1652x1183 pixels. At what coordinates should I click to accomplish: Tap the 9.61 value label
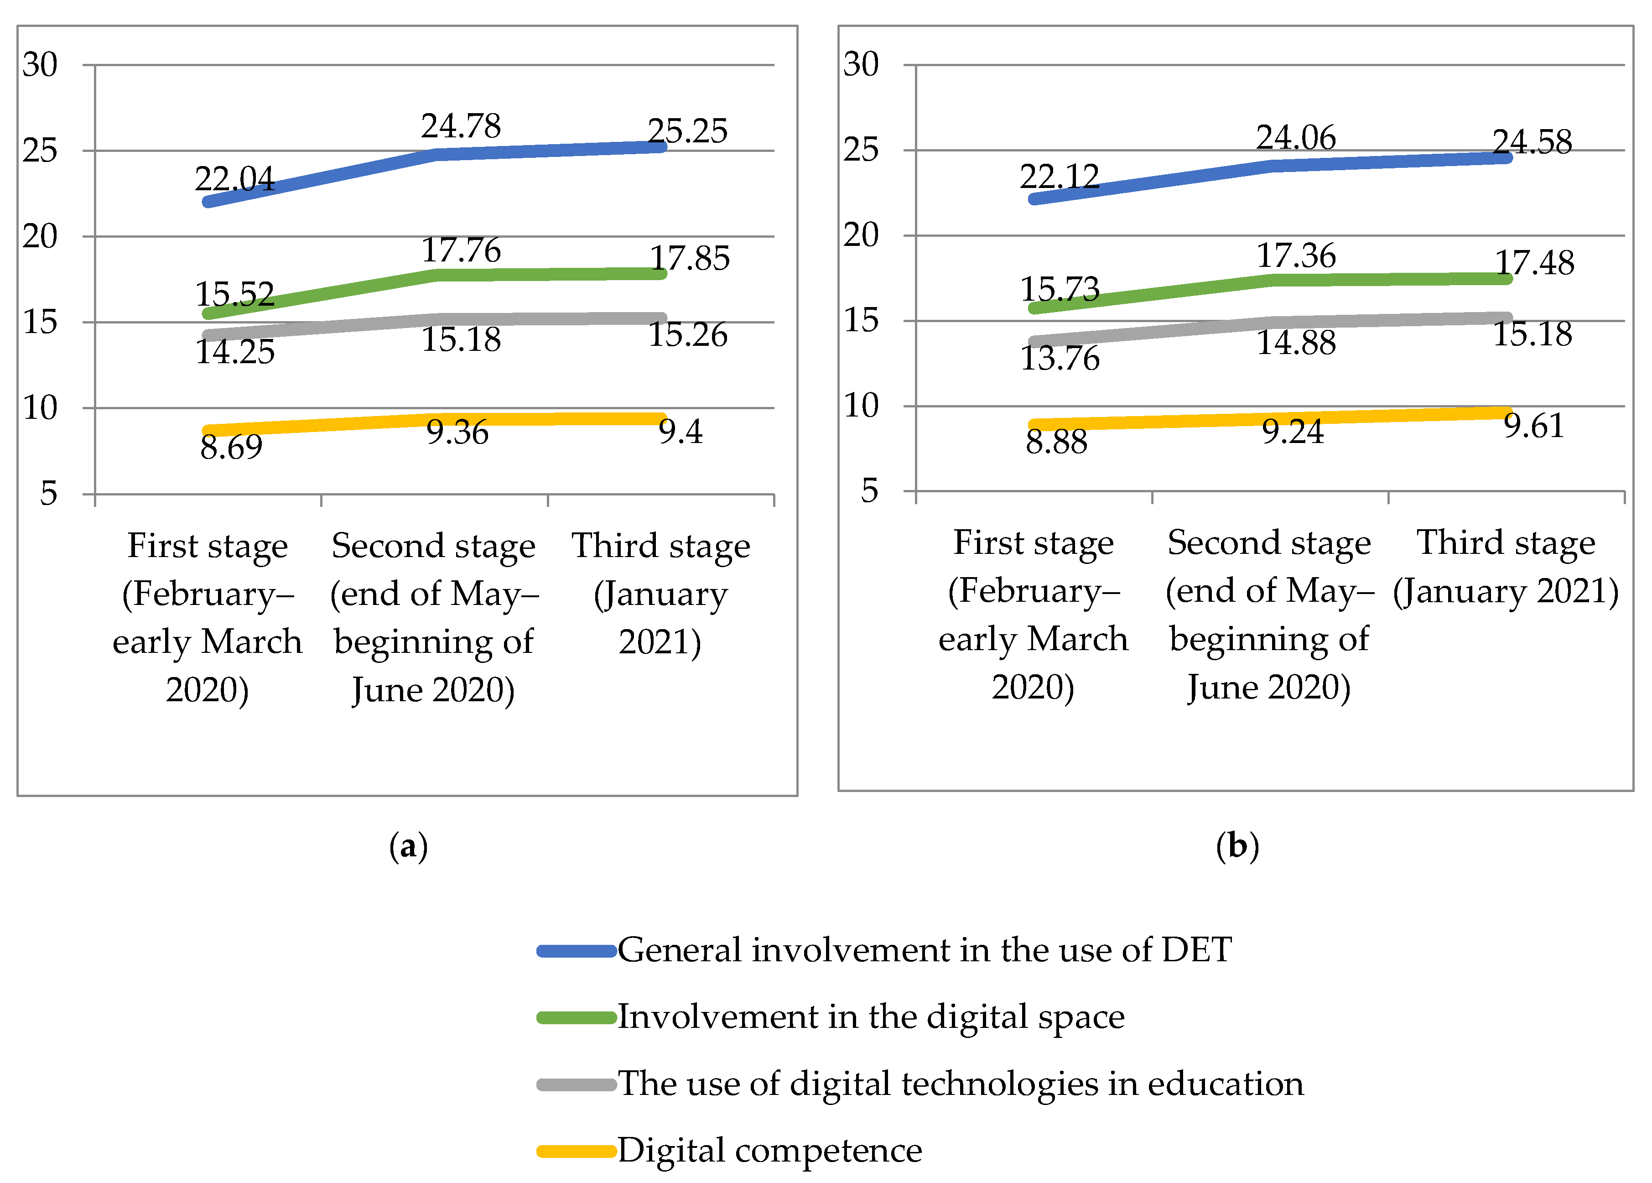tap(1534, 425)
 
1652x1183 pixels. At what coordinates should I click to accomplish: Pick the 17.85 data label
tap(690, 258)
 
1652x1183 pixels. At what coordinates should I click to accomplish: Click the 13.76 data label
tap(1060, 358)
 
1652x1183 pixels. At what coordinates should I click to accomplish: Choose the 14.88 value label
tap(1296, 342)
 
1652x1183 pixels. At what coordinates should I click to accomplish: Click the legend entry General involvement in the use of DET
tap(925, 950)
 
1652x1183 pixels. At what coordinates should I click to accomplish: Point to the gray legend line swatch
tap(577, 1084)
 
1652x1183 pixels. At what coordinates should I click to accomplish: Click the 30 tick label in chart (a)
tap(40, 65)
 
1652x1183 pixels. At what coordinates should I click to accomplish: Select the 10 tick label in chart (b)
tap(861, 406)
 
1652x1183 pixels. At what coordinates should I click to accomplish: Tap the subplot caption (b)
tap(1237, 846)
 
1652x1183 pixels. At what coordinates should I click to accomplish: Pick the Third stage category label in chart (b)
tap(1506, 567)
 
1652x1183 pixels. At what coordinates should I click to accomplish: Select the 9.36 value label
tap(457, 432)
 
